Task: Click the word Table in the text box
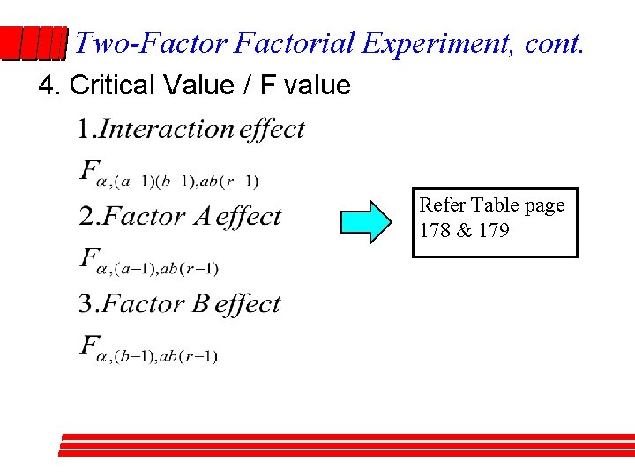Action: click(497, 205)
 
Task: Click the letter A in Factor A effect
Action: click(200, 217)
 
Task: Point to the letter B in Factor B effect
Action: click(200, 304)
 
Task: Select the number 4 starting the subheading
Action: click(47, 86)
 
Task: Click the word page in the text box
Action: click(545, 205)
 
